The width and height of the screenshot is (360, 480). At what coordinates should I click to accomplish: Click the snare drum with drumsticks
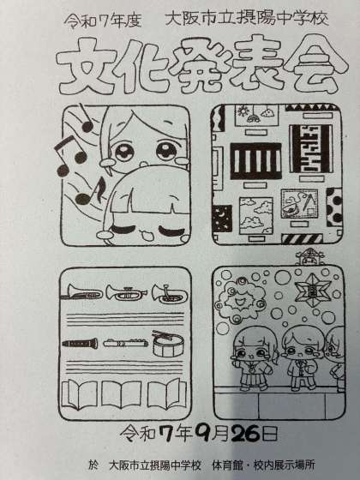coord(168,344)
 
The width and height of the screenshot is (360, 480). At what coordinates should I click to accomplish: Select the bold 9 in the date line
coord(201,433)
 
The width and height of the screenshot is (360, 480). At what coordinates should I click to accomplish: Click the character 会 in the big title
coord(315,65)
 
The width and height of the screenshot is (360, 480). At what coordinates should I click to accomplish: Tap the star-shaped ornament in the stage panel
coord(312,290)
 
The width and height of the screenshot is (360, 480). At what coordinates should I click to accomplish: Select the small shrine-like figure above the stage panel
coord(309,257)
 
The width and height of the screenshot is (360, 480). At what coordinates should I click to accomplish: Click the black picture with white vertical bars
coord(255,161)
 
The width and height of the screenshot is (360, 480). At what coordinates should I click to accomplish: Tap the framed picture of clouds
coord(256,216)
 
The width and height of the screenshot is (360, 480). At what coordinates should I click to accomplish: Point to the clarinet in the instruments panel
coord(81,343)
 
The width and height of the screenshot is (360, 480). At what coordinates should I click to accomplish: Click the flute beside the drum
coord(125,343)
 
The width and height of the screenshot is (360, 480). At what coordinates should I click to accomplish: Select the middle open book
coord(122,395)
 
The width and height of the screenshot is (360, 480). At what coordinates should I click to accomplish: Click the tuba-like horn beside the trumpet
coord(170,293)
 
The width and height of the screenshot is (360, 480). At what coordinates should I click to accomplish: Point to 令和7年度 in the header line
coord(103,21)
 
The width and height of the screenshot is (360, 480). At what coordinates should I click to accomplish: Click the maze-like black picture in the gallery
coord(311,148)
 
